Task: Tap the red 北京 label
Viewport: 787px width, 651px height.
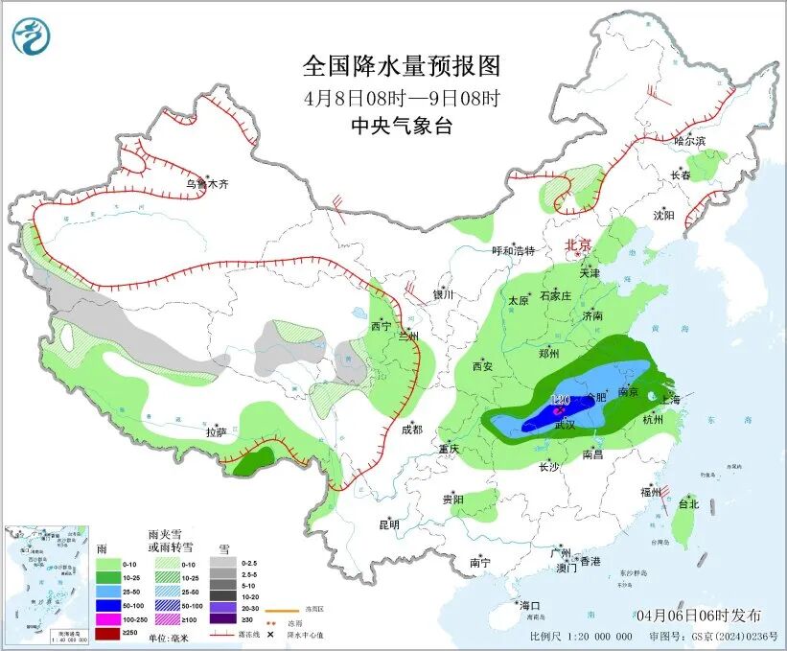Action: (x=578, y=244)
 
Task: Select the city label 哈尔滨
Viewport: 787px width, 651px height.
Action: (x=689, y=141)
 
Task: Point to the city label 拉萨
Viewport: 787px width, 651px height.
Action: (x=217, y=431)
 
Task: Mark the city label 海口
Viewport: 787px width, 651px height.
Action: (x=530, y=605)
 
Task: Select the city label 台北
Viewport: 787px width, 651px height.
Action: (x=687, y=503)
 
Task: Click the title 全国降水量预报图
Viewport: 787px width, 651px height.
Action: (x=402, y=66)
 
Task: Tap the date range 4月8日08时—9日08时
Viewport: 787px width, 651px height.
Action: (x=402, y=98)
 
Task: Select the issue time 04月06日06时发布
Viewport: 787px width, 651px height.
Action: (x=698, y=615)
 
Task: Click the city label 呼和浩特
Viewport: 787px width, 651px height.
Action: (x=513, y=251)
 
